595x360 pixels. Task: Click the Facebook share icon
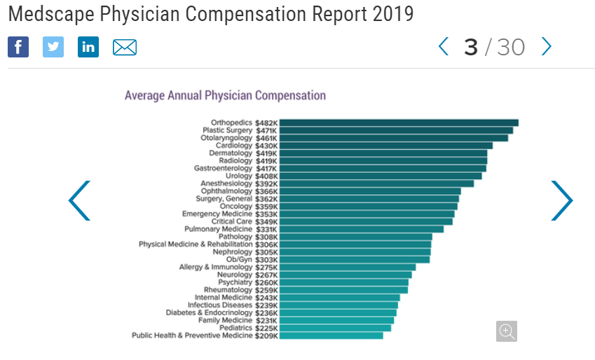coord(18,47)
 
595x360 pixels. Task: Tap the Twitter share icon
coord(53,47)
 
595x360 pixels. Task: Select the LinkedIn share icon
coord(88,47)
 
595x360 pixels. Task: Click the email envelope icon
coord(125,48)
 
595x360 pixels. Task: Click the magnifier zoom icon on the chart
coord(506,331)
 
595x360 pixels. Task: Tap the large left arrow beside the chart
coord(79,201)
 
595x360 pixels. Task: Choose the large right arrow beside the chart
coord(561,201)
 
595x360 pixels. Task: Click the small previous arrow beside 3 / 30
coord(443,47)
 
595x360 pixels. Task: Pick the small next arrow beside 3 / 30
coord(547,47)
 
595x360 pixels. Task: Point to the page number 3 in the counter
coord(470,47)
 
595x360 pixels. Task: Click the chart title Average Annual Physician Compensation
coord(225,95)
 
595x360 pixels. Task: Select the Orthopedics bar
coord(399,123)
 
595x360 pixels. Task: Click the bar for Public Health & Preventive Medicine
coord(331,335)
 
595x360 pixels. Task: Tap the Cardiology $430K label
coord(246,146)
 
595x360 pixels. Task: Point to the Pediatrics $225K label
coord(248,328)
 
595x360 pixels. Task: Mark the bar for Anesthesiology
coord(376,184)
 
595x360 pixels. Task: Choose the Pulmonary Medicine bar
coord(362,229)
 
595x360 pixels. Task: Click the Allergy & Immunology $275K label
coord(228,267)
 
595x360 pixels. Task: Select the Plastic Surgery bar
coord(396,130)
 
